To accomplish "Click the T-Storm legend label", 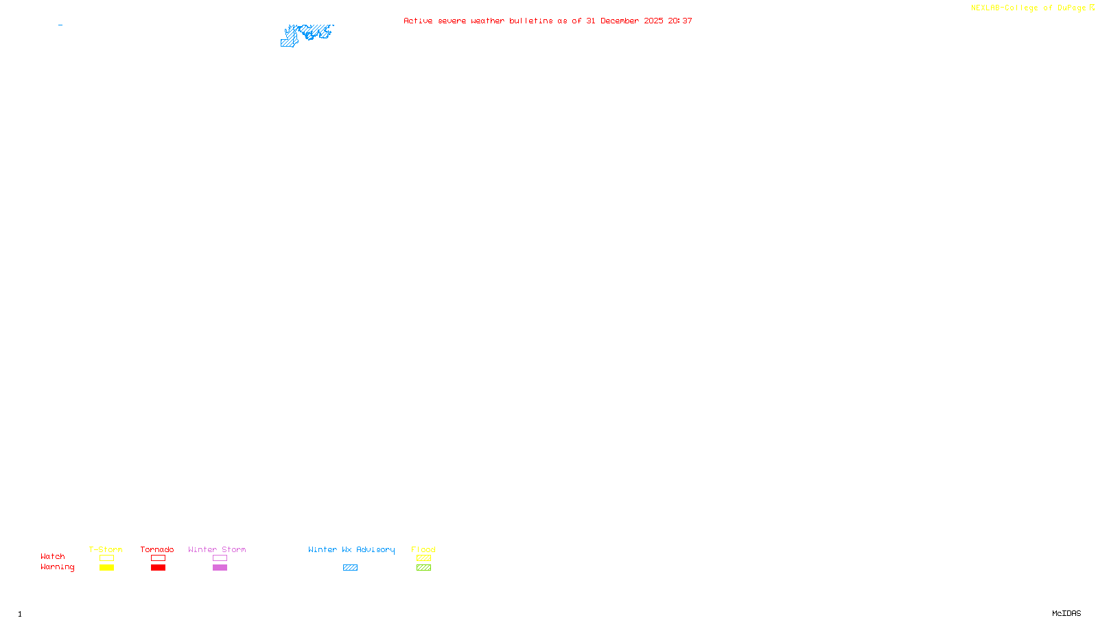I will (x=106, y=549).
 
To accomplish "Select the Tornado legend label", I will (x=157, y=549).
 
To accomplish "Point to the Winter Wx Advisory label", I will (x=351, y=549).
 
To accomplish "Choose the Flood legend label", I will (x=423, y=549).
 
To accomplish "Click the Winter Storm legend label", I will (x=217, y=549).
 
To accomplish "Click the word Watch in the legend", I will (x=53, y=556).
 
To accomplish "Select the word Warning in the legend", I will (x=57, y=567).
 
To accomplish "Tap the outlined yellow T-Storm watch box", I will (x=106, y=558).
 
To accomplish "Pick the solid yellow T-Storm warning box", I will (x=106, y=568).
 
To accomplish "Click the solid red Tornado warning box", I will (x=158, y=568).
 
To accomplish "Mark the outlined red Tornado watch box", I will (x=158, y=558).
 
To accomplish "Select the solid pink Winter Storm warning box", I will (x=220, y=568).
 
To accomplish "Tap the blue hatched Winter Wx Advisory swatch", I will (x=350, y=568).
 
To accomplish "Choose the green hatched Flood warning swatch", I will (x=423, y=568).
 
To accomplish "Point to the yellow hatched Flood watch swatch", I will (x=423, y=558).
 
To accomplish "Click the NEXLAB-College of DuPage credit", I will (x=1029, y=8).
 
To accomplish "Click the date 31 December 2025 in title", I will (x=624, y=21).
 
